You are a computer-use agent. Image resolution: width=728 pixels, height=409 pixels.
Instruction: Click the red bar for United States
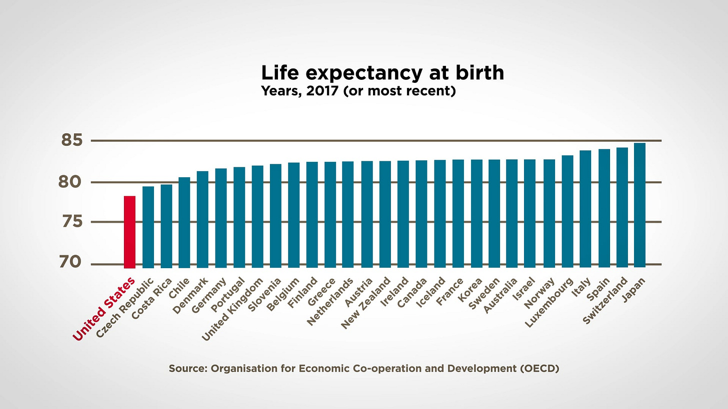coord(129,232)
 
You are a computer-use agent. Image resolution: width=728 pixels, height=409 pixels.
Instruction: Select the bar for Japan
coord(639,205)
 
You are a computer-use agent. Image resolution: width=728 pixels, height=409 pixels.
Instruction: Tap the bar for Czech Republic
coord(148,227)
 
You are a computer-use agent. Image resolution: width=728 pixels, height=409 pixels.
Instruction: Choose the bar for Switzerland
coord(622,207)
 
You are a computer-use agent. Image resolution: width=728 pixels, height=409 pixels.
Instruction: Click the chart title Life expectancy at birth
coord(382,73)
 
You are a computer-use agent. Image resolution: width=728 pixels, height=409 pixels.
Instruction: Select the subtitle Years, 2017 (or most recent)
coord(358,92)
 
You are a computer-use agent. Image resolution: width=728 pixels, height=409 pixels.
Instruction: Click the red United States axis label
coord(104,309)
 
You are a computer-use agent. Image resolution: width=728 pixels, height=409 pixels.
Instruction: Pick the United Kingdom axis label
coord(232,310)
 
